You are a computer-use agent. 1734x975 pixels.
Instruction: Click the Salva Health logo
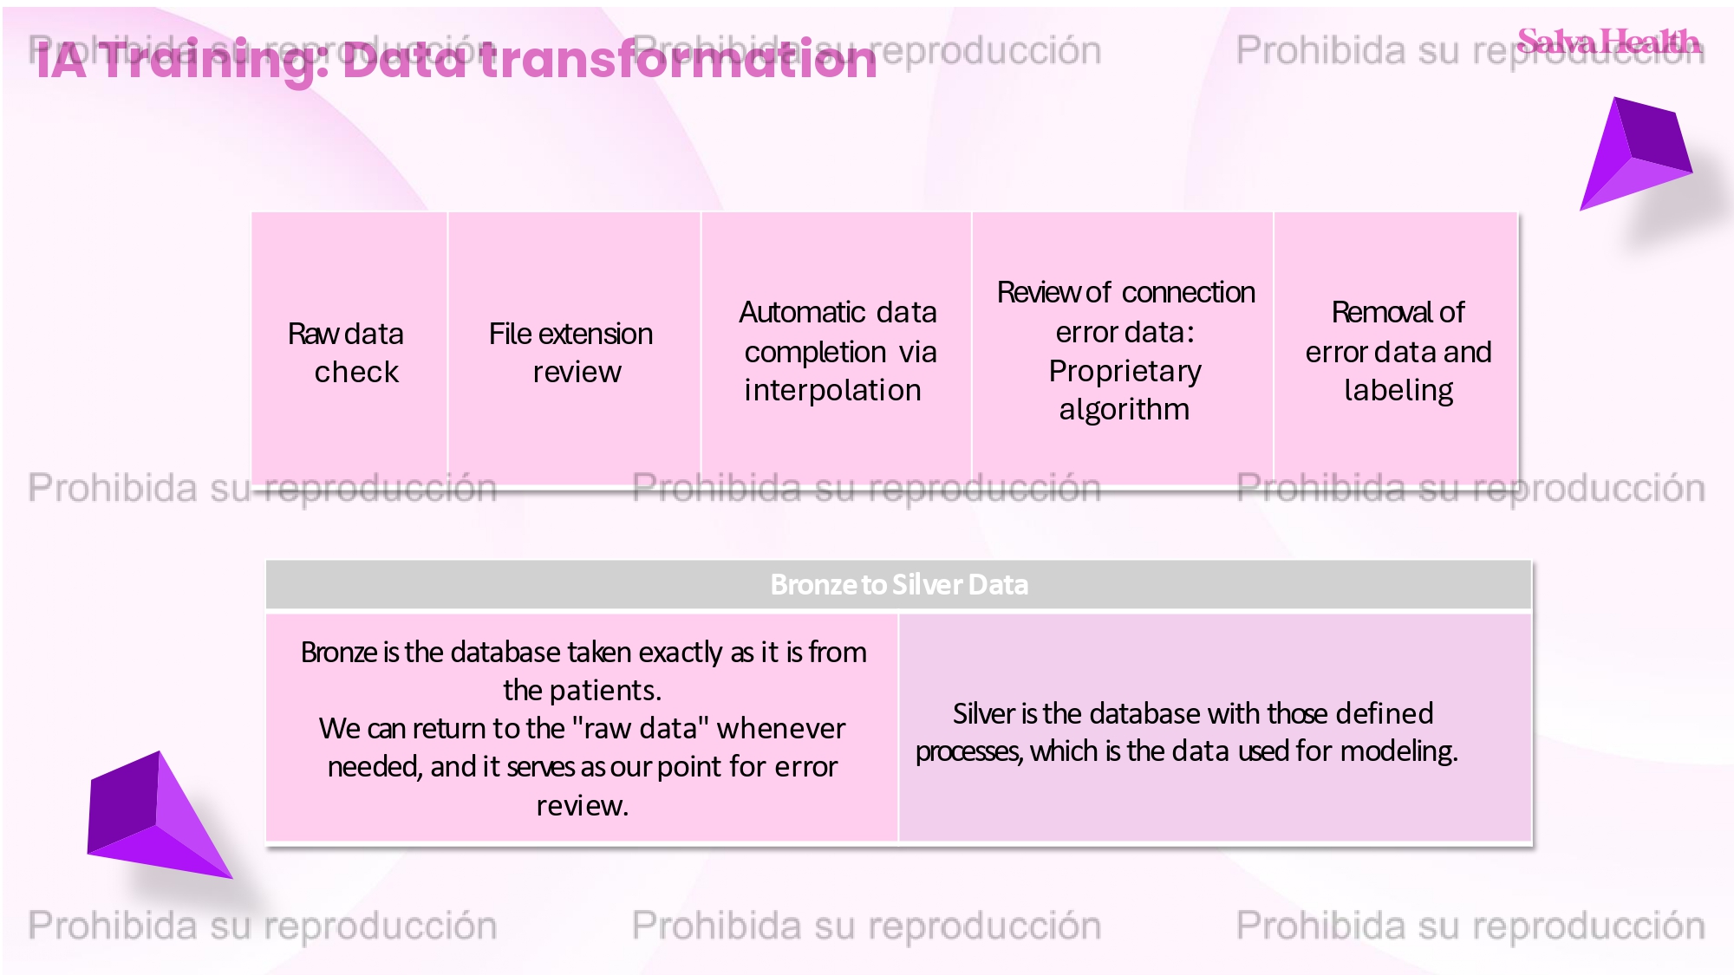1608,41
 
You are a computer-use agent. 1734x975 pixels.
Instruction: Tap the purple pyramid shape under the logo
1635,154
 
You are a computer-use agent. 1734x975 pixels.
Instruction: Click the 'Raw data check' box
349,349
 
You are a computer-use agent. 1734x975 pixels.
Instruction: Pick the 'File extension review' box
574,349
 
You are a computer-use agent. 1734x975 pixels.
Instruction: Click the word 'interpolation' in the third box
832,391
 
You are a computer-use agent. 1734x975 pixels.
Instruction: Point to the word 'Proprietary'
1124,372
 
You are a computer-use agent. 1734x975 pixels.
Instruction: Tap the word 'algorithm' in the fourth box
1124,410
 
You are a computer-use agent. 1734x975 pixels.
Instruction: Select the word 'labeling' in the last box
1398,391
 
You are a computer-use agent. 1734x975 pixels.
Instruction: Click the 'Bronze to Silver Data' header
899,585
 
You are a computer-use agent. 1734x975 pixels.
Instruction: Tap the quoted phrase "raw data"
642,728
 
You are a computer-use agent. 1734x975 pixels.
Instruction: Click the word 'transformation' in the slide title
678,60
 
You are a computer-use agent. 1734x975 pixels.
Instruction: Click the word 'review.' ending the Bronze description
582,806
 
